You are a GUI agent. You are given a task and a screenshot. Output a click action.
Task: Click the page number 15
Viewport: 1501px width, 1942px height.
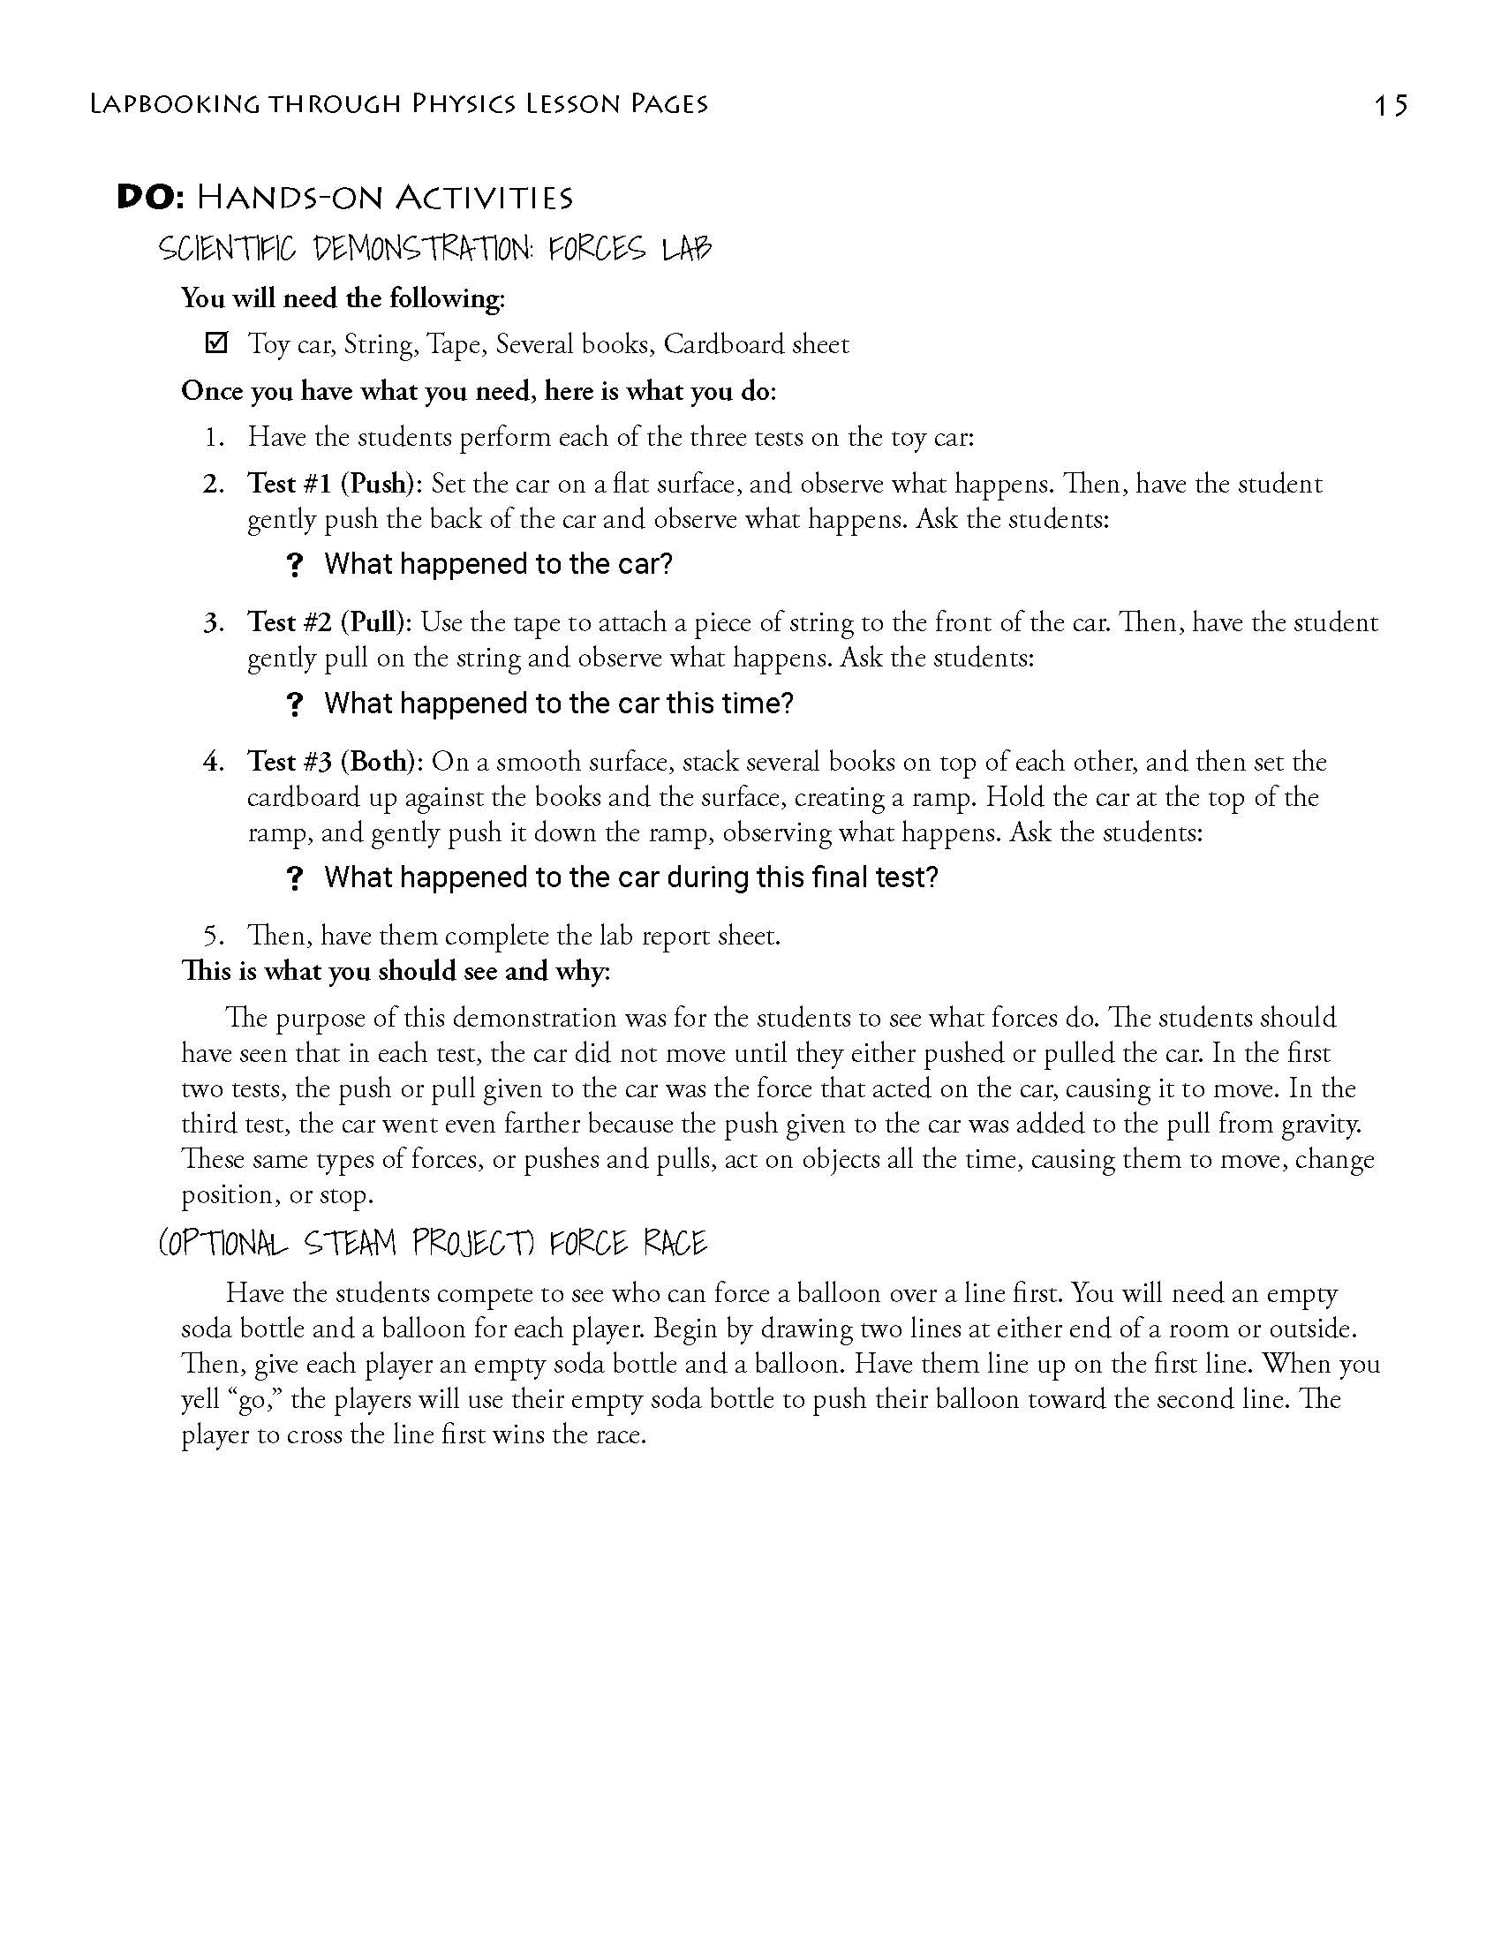pyautogui.click(x=1390, y=105)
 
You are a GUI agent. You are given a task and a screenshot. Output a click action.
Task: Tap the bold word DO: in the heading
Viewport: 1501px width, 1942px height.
pyautogui.click(x=150, y=198)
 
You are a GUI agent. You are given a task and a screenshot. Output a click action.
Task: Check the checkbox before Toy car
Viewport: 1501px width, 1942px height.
pyautogui.click(x=216, y=342)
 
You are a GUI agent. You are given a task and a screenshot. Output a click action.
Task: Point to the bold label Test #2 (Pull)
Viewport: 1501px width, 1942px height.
pyautogui.click(x=329, y=622)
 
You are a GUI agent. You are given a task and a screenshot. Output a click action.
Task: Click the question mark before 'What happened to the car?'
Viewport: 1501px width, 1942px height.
pyautogui.click(x=296, y=566)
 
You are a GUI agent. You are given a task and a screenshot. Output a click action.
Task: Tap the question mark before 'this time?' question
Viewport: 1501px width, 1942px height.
pyautogui.click(x=296, y=705)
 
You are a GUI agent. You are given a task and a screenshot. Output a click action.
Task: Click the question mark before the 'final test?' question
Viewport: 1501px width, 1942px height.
pyautogui.click(x=296, y=879)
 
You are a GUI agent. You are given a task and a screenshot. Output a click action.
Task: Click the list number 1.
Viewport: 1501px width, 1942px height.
pyautogui.click(x=214, y=438)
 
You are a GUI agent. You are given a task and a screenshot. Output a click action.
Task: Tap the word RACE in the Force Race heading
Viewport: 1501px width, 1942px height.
pyautogui.click(x=675, y=1242)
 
